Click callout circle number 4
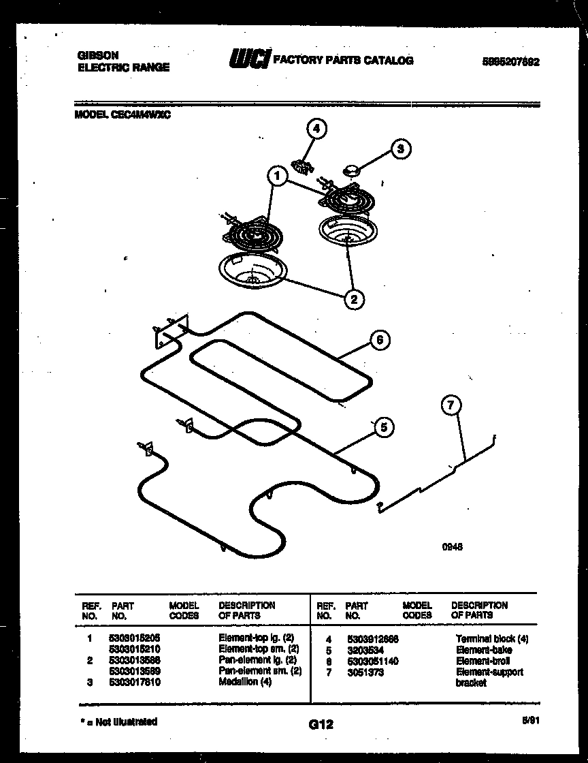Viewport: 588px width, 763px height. tap(314, 129)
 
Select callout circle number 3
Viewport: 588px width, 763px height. tap(402, 149)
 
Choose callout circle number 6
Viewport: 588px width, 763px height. tap(380, 340)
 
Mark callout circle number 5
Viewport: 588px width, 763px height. tap(383, 427)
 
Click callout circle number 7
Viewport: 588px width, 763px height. tap(449, 406)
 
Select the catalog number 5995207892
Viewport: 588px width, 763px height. tap(511, 61)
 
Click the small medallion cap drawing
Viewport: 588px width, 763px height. tap(351, 170)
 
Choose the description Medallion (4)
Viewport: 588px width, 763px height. tap(245, 682)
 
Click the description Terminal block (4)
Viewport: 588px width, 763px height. tap(491, 639)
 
